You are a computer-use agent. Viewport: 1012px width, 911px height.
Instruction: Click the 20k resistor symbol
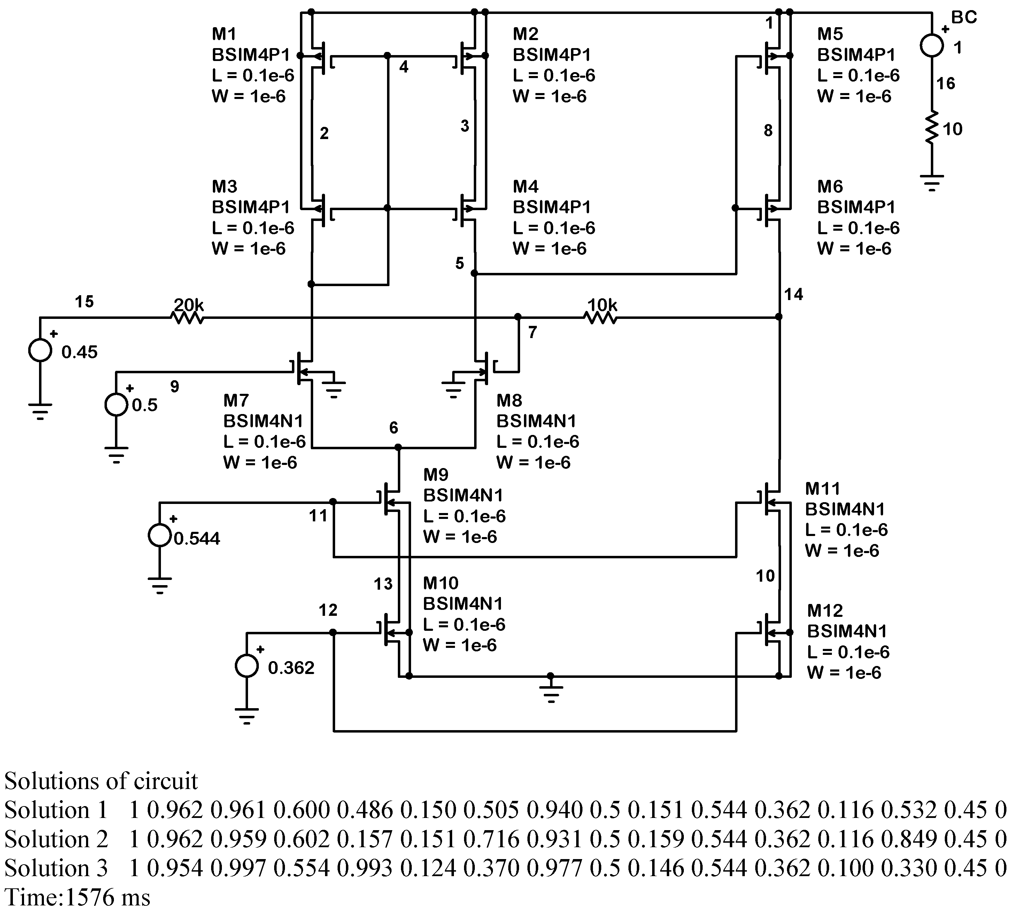pyautogui.click(x=187, y=317)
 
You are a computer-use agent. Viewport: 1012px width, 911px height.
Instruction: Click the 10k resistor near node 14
pyautogui.click(x=601, y=317)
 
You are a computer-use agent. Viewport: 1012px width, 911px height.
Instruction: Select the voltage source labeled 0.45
pyautogui.click(x=40, y=350)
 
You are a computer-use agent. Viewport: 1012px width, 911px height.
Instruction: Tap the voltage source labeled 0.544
pyautogui.click(x=160, y=535)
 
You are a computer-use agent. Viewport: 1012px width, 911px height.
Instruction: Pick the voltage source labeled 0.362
pyautogui.click(x=247, y=666)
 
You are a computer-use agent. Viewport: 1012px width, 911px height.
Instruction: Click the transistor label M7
pyautogui.click(x=235, y=400)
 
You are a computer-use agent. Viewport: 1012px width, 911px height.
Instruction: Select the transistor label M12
pyautogui.click(x=825, y=611)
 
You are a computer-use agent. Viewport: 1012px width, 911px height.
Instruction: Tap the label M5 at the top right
pyautogui.click(x=830, y=34)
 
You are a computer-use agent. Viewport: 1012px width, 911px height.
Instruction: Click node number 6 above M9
pyautogui.click(x=394, y=428)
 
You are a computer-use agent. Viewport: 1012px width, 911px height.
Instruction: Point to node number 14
pyautogui.click(x=793, y=294)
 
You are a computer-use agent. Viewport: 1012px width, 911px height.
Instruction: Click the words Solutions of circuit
pyautogui.click(x=101, y=781)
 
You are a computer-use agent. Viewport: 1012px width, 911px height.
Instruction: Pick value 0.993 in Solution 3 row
pyautogui.click(x=364, y=868)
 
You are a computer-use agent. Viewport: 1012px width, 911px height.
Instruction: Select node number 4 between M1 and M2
pyautogui.click(x=404, y=67)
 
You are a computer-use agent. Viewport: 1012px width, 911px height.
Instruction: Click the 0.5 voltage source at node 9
pyautogui.click(x=116, y=405)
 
